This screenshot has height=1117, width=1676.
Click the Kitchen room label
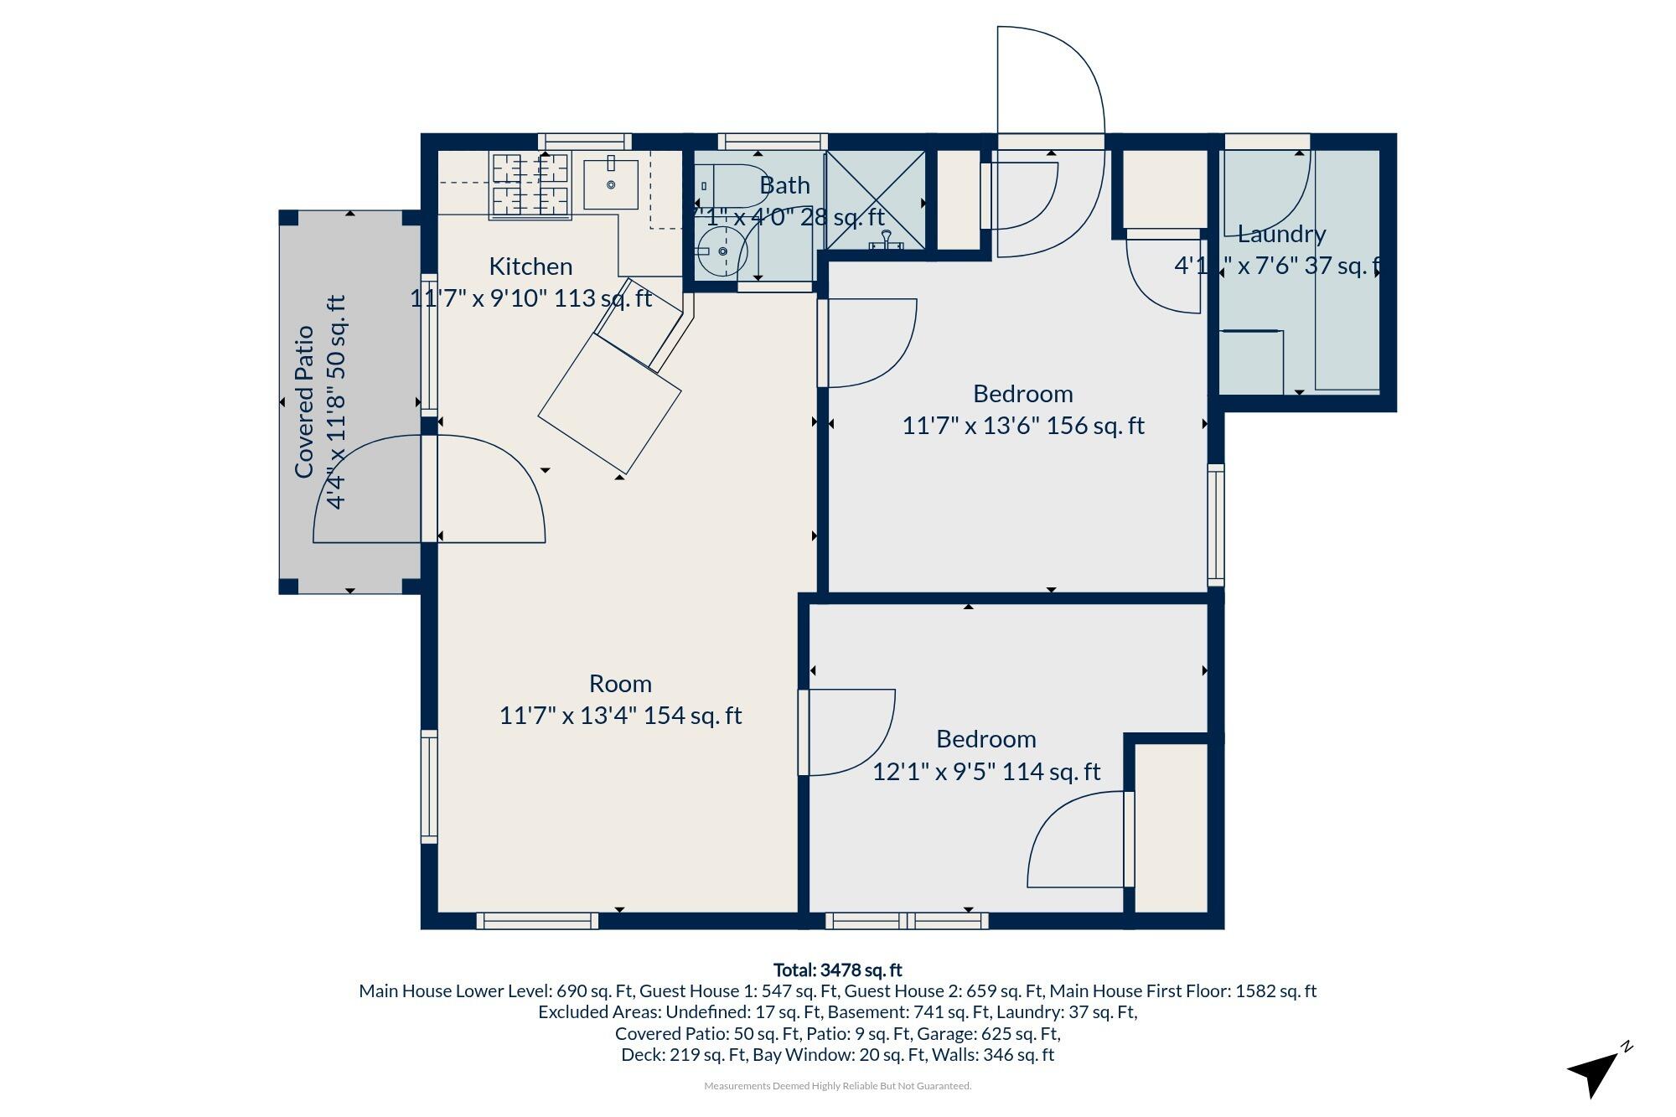530,266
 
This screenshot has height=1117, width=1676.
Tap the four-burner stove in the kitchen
530,186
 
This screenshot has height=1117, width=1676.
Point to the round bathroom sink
722,251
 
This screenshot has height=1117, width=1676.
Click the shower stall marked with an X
876,199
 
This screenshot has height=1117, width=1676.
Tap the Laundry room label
1281,234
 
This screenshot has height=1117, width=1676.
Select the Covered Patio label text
304,402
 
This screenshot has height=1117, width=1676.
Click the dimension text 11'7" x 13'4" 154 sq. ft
620,716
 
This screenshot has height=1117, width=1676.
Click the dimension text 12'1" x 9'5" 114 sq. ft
986,771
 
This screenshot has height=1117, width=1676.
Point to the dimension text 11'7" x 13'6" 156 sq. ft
1022,426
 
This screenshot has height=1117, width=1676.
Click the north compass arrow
1596,1072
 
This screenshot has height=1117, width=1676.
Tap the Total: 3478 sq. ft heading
837,970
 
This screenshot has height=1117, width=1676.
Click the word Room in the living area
620,684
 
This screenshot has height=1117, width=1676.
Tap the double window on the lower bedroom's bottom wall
907,921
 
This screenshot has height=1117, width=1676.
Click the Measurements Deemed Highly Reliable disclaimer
837,1086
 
